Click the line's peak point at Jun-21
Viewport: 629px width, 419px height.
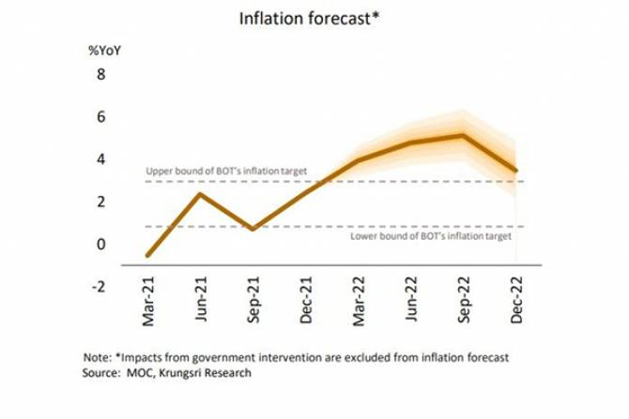pos(200,193)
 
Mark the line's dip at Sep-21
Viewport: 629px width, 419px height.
pos(253,228)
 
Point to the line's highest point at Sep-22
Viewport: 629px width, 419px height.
pos(463,135)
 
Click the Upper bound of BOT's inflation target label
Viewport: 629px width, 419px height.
pos(226,172)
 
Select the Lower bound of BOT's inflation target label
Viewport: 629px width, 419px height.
pos(431,237)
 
